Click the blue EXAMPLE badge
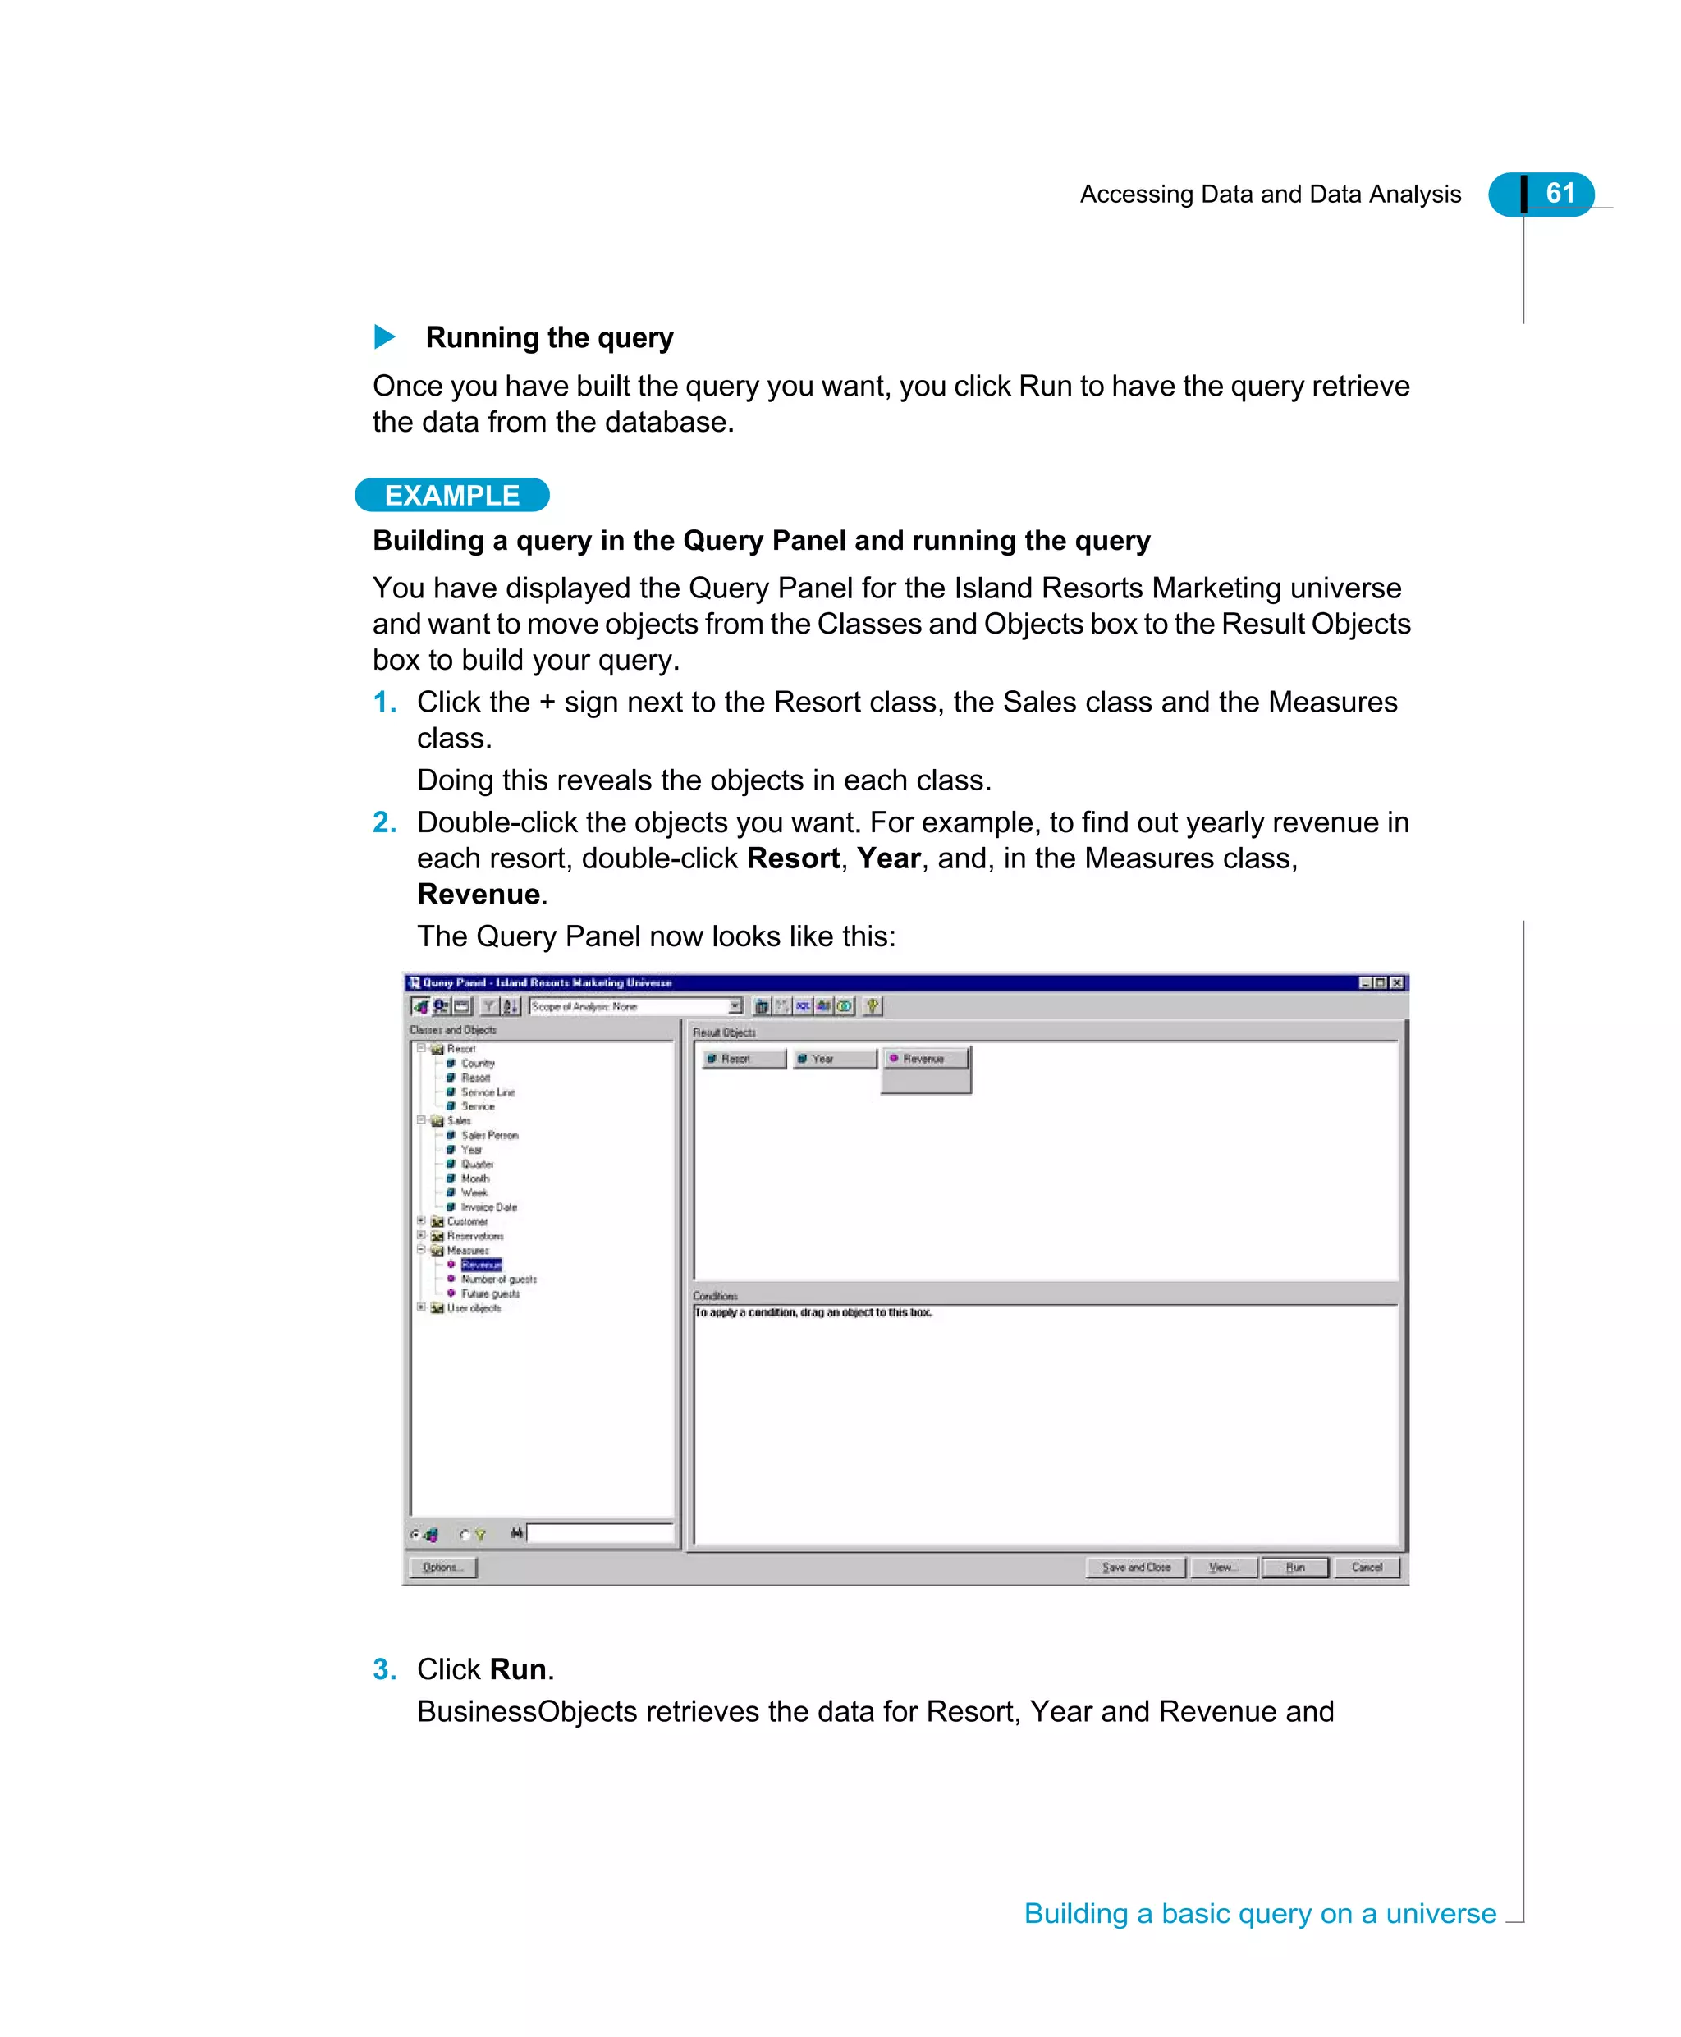point(452,495)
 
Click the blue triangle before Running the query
point(384,337)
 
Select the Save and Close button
point(1135,1567)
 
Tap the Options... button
point(442,1567)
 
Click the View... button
point(1222,1567)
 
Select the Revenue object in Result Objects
point(925,1058)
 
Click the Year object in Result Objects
point(834,1058)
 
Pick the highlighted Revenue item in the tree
point(481,1265)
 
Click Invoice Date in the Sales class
point(488,1207)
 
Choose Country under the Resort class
point(478,1063)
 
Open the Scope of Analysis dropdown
point(735,1006)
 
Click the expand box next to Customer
point(421,1221)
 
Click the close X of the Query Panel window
point(1396,982)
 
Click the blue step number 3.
point(384,1669)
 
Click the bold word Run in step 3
point(518,1669)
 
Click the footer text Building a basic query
point(1259,1913)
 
